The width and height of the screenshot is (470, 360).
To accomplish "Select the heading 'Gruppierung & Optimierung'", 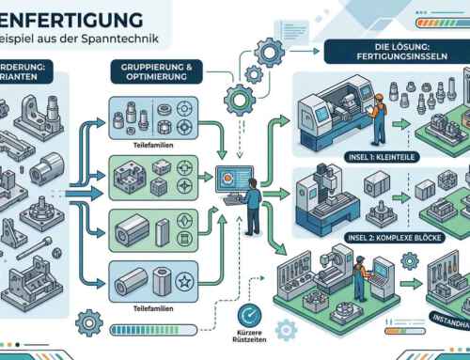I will pyautogui.click(x=152, y=75).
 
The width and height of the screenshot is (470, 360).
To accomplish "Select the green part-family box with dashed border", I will pyautogui.click(x=154, y=176).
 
